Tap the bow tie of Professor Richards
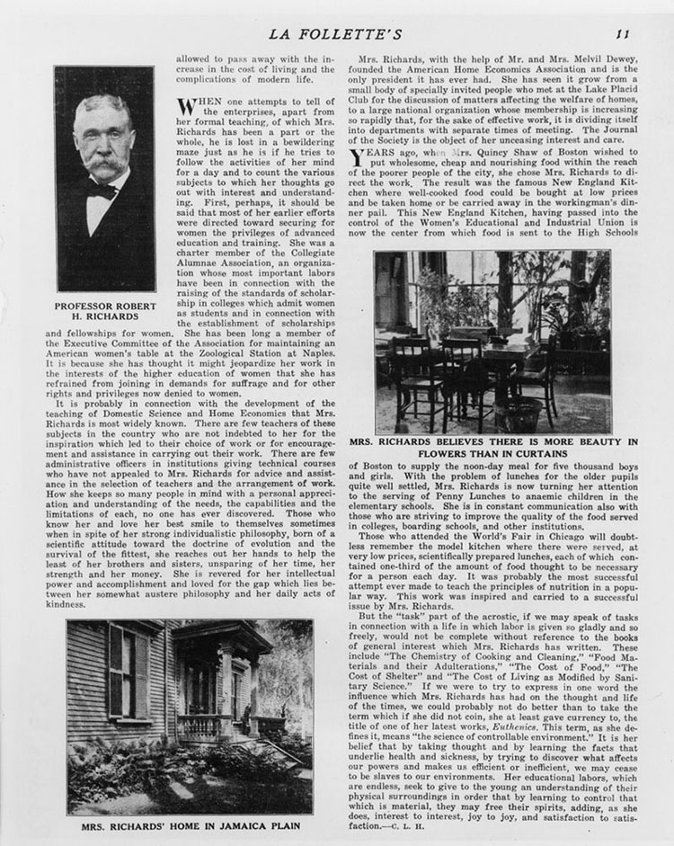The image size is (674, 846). point(102,191)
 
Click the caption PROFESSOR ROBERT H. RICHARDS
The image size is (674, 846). point(105,312)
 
